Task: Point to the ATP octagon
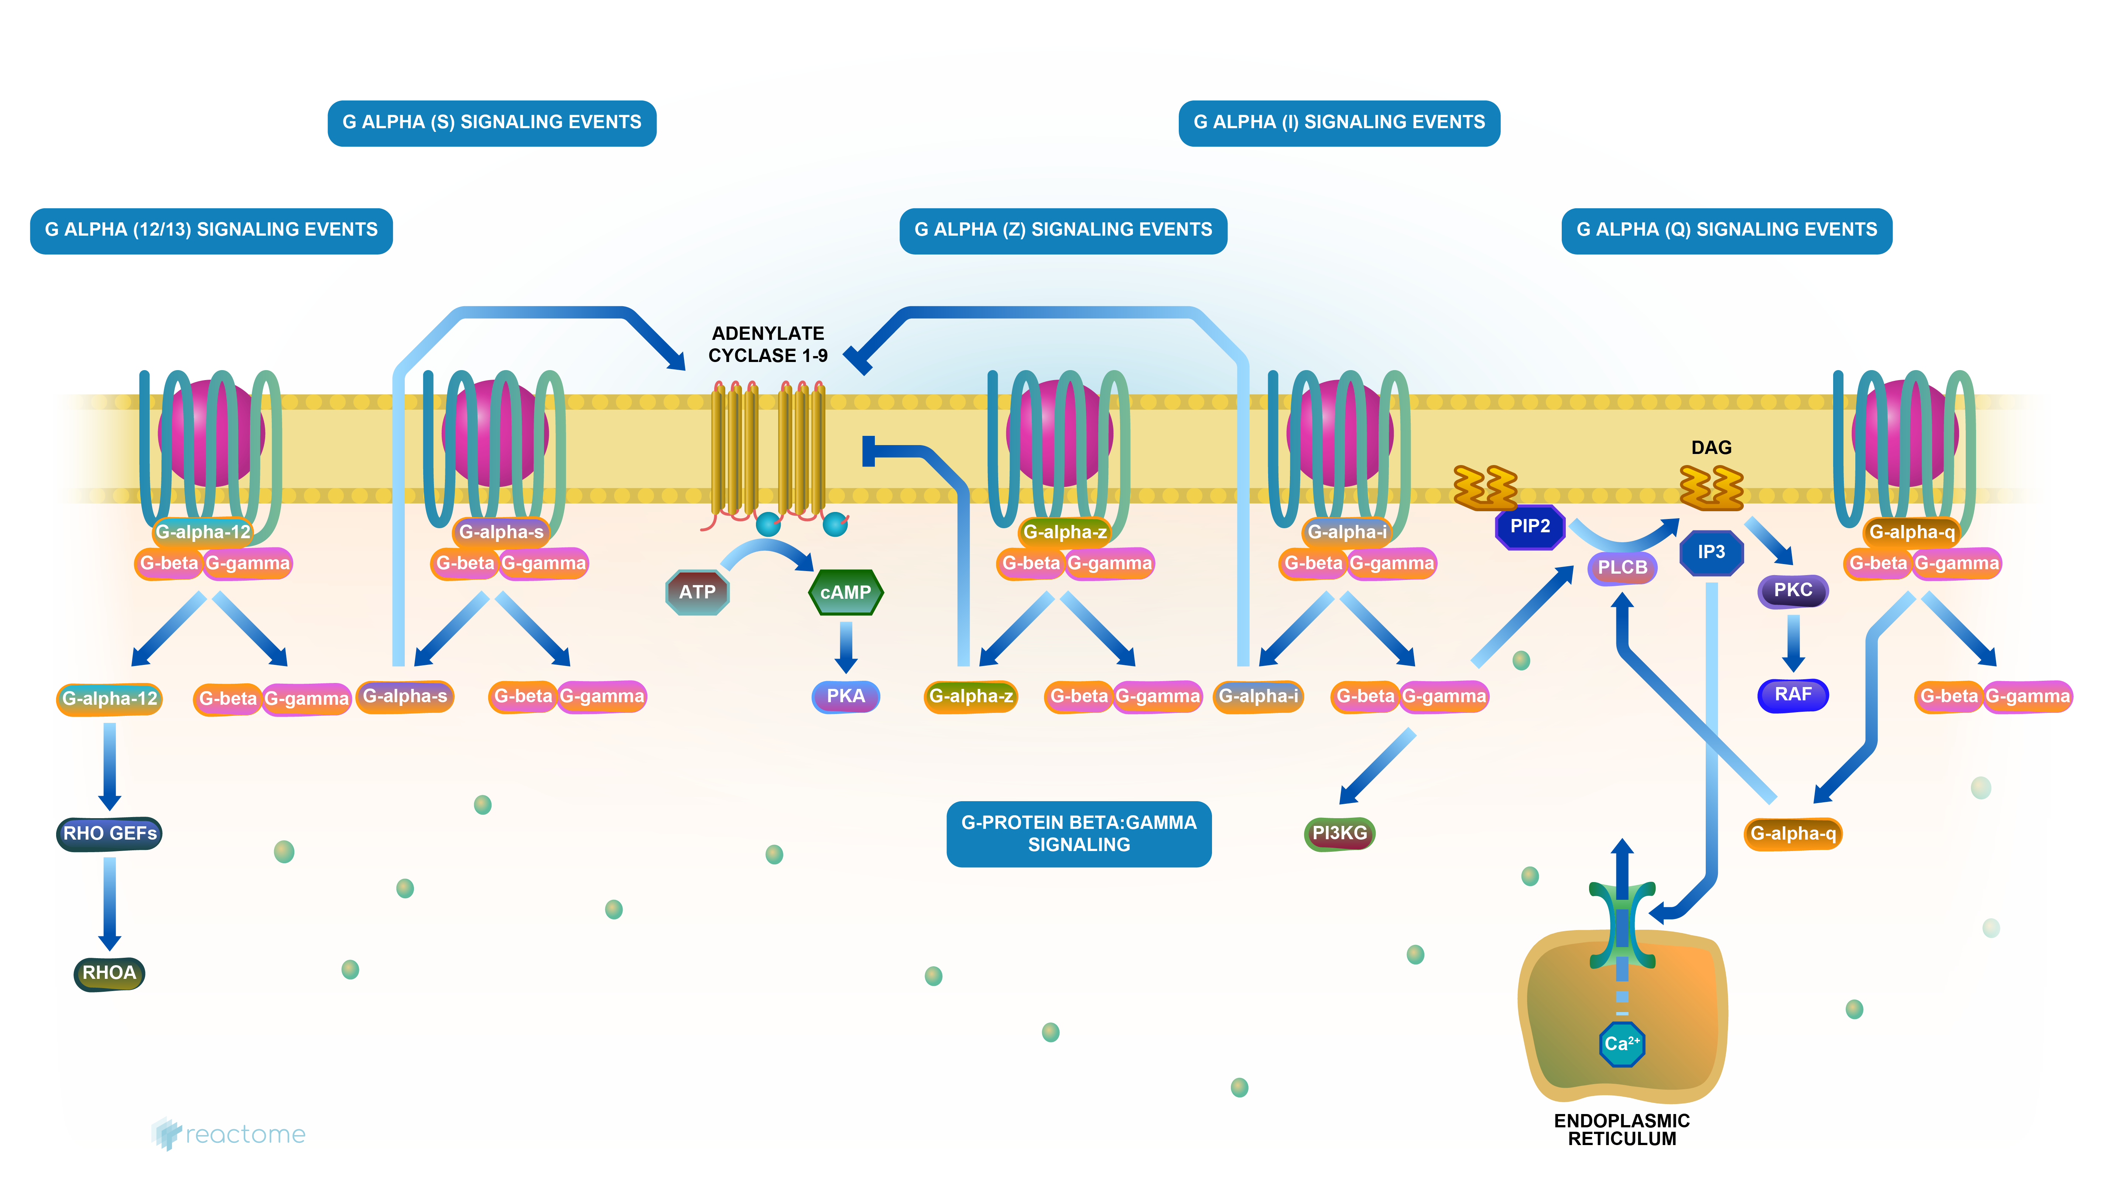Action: [697, 592]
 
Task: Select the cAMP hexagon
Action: [845, 592]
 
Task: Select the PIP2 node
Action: [1529, 526]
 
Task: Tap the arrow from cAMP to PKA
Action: [846, 646]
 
